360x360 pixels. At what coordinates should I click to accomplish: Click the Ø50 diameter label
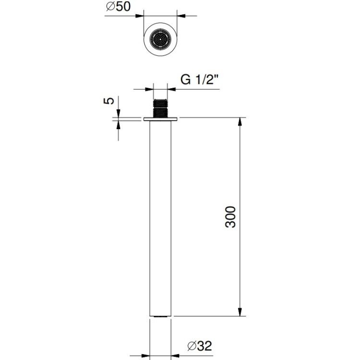(118, 6)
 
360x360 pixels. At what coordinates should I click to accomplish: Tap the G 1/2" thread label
(199, 80)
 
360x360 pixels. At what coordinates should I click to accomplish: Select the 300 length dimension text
(230, 217)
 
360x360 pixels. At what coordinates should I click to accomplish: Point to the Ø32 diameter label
(200, 346)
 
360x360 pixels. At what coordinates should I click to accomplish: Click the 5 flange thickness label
(109, 101)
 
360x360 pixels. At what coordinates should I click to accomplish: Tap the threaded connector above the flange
(160, 108)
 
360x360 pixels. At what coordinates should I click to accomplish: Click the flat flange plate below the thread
(160, 119)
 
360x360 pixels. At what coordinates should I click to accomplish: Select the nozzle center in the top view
(160, 39)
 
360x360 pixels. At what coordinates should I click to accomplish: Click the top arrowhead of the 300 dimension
(240, 122)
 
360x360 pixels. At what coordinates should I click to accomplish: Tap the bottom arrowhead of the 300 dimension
(240, 312)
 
